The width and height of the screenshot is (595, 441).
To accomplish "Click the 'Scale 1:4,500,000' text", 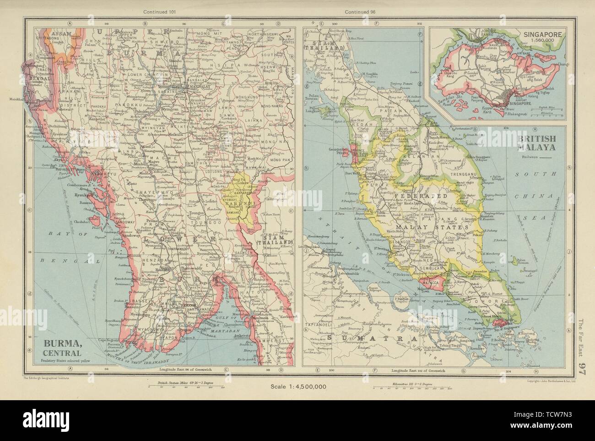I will click(x=298, y=386).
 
